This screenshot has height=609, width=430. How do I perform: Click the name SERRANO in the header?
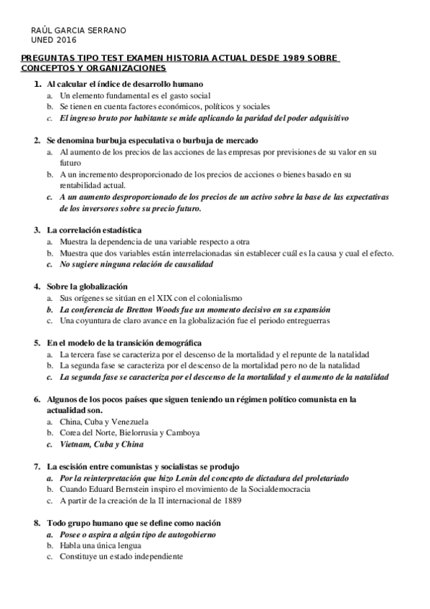coord(106,31)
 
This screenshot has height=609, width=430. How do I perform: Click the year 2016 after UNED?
coord(65,40)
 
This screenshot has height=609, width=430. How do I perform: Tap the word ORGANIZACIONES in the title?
coord(126,68)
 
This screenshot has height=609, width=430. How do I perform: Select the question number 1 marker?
coord(37,85)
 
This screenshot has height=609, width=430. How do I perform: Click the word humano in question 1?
coord(187,85)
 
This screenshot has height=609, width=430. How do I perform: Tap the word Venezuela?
coord(134,422)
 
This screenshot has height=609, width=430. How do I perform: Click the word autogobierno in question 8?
coord(188,534)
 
